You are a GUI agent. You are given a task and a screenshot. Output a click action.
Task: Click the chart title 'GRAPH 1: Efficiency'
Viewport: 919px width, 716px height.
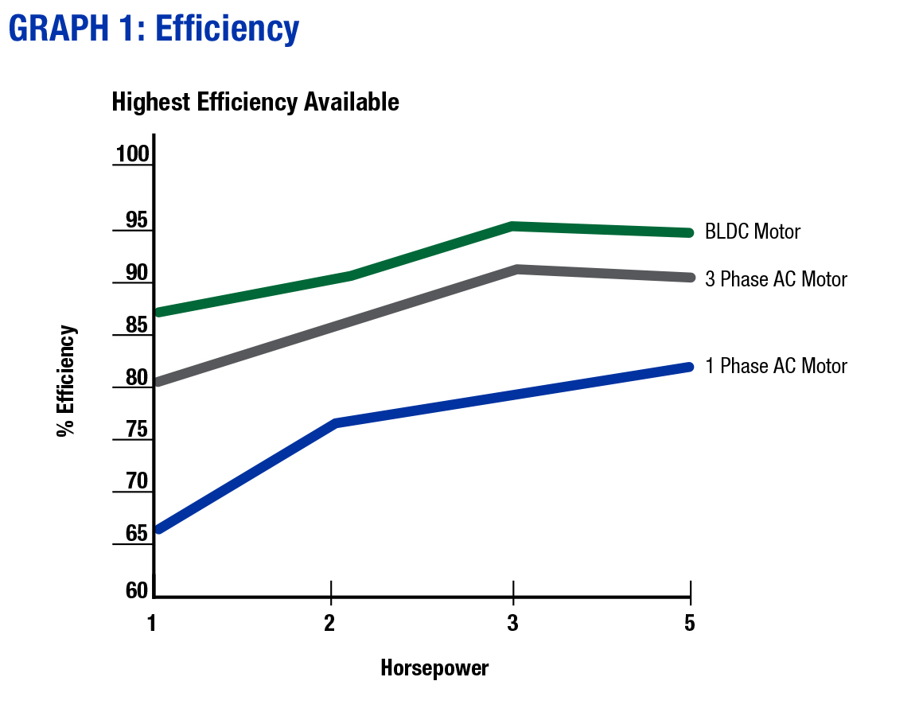(154, 29)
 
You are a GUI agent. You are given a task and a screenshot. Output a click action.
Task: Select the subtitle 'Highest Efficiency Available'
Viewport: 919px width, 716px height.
(255, 103)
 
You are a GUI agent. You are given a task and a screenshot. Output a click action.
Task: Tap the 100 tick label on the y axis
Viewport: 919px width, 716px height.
(132, 154)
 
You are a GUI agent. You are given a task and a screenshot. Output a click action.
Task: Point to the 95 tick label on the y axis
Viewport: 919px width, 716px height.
(137, 220)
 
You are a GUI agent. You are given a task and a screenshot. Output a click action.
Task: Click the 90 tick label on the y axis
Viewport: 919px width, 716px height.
(137, 273)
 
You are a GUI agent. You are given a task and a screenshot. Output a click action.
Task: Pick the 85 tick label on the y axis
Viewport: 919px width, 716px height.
(137, 325)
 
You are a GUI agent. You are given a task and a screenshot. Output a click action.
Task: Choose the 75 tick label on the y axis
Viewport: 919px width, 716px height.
(137, 430)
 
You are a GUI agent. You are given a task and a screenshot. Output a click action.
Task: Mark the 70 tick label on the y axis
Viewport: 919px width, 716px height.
(137, 481)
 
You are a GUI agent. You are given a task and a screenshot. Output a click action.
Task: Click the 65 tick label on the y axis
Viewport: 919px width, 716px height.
(137, 533)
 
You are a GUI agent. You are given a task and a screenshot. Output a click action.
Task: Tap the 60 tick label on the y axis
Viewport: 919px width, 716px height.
(137, 590)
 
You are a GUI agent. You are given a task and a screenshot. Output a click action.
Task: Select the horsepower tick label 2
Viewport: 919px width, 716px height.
(329, 623)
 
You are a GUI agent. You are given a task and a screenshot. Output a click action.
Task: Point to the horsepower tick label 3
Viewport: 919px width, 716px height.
(513, 623)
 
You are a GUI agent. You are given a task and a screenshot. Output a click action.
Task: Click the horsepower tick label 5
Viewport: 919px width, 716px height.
(689, 623)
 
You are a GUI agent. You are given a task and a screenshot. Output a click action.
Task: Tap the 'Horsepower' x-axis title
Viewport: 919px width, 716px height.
(434, 667)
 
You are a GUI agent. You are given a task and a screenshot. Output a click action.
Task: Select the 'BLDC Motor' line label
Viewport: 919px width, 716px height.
(753, 232)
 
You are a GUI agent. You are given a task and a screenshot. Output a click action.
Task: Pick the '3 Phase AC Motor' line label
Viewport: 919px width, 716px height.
(776, 279)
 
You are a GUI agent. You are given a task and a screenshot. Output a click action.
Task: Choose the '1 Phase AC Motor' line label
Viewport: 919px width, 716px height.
(776, 366)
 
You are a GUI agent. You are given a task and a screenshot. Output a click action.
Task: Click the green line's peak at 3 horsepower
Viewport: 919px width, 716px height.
(514, 227)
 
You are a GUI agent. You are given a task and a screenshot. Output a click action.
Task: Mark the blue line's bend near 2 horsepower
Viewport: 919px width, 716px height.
(337, 422)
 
